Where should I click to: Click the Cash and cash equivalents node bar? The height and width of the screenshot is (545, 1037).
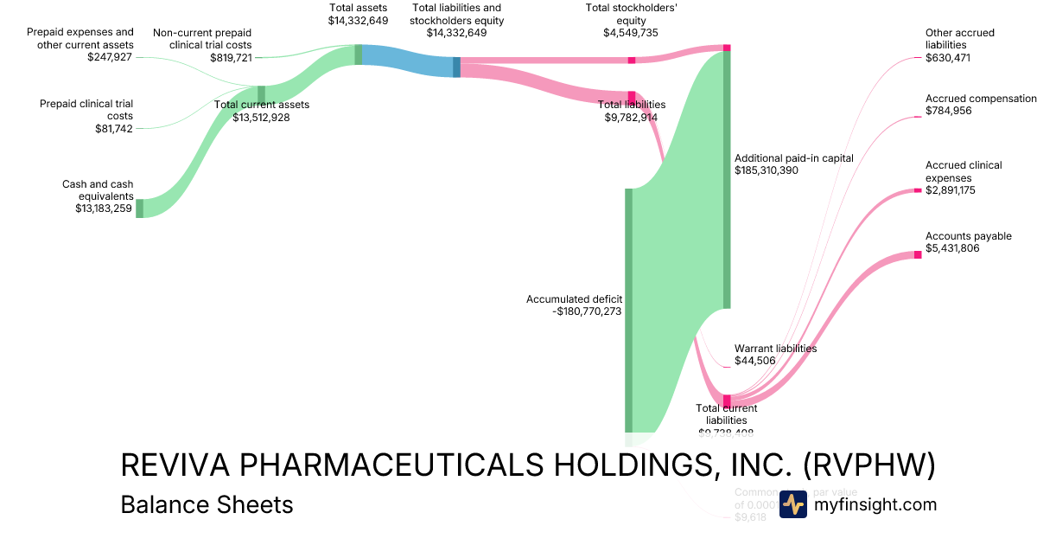tap(139, 208)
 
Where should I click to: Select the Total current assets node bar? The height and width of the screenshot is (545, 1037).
tap(261, 94)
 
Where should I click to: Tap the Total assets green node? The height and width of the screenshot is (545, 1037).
tap(358, 54)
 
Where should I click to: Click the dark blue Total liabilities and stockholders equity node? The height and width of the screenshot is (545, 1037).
tap(456, 67)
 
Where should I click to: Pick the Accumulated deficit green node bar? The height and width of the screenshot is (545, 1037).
tap(628, 309)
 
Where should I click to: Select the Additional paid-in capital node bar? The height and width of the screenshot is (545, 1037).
tap(727, 179)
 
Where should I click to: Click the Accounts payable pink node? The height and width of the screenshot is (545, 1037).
tap(918, 254)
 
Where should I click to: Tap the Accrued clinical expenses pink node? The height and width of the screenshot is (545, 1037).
tap(918, 190)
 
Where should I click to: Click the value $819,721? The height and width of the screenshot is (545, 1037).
tap(231, 58)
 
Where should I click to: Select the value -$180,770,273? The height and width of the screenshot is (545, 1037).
tap(587, 312)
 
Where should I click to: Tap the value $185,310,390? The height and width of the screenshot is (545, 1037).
tap(766, 170)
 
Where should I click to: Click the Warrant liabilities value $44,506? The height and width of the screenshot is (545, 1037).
tap(754, 361)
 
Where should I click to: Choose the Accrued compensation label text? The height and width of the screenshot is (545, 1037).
tap(980, 99)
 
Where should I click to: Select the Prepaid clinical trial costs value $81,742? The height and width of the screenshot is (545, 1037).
tap(114, 128)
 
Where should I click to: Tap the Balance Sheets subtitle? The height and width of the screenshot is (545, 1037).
tap(207, 504)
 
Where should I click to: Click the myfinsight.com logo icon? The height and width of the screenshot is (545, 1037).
tap(792, 504)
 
